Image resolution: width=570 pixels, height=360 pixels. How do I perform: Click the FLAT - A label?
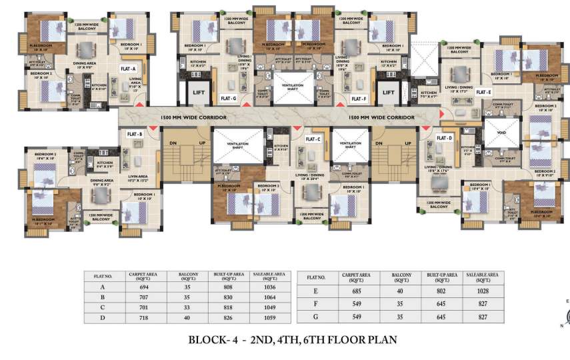coord(128,69)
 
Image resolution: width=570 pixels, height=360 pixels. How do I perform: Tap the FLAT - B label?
coord(135,135)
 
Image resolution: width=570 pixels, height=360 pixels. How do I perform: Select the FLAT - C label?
coord(313,139)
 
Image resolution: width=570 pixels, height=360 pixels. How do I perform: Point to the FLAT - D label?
coord(445,138)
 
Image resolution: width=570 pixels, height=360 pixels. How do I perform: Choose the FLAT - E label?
coord(483,92)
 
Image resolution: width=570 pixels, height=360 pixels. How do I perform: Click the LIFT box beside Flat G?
coord(198,94)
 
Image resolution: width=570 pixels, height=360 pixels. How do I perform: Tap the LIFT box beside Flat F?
coord(389,94)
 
